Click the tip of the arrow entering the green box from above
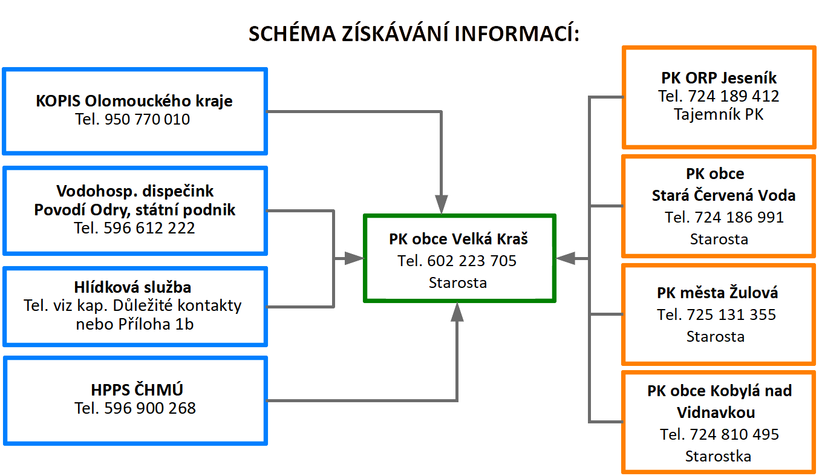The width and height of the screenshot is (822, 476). (441, 214)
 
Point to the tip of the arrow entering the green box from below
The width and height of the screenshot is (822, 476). (457, 303)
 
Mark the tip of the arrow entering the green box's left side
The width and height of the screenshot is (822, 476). (364, 258)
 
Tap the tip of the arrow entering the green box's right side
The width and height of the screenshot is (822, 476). (556, 258)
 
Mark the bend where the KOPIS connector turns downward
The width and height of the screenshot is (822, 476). (441, 111)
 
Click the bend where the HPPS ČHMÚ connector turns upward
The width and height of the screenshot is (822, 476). (457, 400)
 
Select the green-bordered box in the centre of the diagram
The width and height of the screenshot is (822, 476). (460, 258)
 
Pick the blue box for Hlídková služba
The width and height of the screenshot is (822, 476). (135, 307)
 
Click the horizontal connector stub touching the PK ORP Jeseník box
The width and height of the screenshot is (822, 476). (606, 97)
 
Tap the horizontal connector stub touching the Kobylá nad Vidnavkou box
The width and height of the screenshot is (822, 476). (606, 422)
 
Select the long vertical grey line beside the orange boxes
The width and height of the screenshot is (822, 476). (589, 259)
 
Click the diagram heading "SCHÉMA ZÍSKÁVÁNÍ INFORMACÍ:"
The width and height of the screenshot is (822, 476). (414, 34)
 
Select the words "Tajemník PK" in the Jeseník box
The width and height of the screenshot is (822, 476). (719, 114)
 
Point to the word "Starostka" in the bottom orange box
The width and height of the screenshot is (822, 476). (718, 456)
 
